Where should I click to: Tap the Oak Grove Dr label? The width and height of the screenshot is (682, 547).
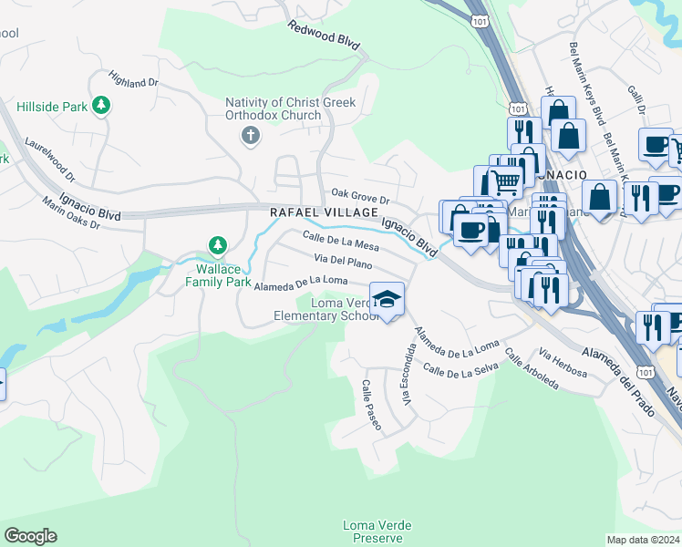coord(360,195)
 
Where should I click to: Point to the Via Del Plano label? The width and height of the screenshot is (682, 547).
coord(345,263)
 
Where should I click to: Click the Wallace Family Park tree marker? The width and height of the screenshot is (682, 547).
coord(217,245)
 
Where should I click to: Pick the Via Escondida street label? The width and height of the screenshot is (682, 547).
coord(407,375)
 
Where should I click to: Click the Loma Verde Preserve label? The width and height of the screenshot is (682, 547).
coord(377,532)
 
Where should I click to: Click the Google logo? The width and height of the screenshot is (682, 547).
coord(30,536)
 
